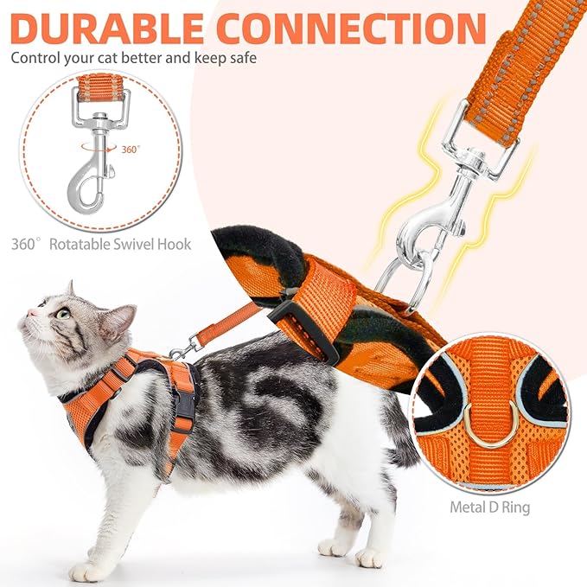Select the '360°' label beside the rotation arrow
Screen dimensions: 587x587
[130, 149]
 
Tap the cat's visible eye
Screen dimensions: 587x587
[62, 313]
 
